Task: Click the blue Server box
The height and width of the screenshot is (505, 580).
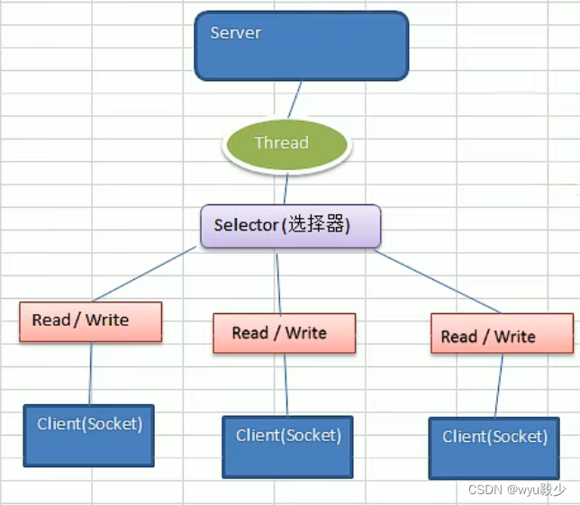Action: tap(301, 47)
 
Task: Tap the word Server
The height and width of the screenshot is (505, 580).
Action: tap(235, 33)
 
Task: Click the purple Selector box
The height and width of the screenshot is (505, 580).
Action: tap(290, 226)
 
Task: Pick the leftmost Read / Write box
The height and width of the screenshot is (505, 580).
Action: tap(90, 321)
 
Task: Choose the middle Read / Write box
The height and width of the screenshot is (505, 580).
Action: tap(284, 333)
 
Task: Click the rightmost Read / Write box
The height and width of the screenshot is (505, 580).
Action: tap(502, 333)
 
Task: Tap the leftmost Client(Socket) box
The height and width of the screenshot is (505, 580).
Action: tap(88, 435)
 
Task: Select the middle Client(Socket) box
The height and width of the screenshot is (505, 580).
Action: tap(288, 446)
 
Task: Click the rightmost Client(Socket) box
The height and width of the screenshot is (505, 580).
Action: tap(494, 447)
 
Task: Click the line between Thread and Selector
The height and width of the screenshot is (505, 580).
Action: tap(286, 189)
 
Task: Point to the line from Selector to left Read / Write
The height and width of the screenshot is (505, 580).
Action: tap(144, 275)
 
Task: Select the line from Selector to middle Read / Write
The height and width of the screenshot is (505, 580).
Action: tap(278, 281)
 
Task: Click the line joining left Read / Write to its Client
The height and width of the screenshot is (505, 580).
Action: tap(90, 374)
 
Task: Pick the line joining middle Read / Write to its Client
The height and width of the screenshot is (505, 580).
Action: tap(285, 384)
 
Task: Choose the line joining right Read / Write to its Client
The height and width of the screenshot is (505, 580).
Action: tap(498, 385)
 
